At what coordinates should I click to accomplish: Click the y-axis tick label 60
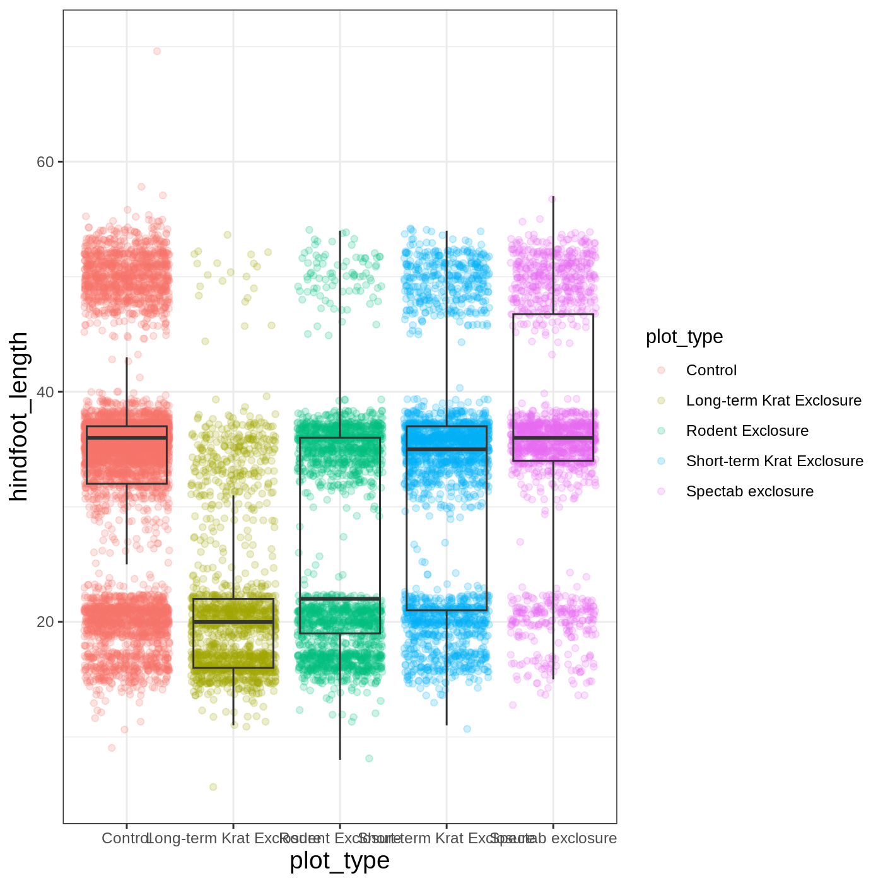point(45,162)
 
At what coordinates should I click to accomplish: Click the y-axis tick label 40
point(45,392)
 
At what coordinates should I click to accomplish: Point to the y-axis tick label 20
point(45,622)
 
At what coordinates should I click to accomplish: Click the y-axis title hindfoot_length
point(19,416)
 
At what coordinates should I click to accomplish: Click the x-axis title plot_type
point(339,861)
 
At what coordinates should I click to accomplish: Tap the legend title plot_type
point(684,337)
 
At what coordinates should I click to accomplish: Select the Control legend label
point(711,370)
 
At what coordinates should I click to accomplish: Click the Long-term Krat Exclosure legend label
point(773,401)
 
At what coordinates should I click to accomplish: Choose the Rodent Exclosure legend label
point(747,431)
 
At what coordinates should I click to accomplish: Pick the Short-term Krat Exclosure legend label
point(775,461)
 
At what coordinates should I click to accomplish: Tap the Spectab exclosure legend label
point(749,491)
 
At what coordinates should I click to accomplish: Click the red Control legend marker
point(661,370)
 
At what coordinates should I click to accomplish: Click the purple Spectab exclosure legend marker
point(661,491)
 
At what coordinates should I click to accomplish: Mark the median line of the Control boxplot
point(127,438)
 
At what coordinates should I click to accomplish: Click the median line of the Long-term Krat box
point(233,622)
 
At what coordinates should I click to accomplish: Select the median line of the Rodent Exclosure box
point(340,599)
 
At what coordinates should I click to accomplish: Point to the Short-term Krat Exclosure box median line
point(447,449)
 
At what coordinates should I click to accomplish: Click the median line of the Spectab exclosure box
point(553,438)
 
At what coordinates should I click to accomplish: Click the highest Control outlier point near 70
point(157,51)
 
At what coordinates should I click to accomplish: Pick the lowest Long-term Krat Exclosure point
point(213,787)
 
